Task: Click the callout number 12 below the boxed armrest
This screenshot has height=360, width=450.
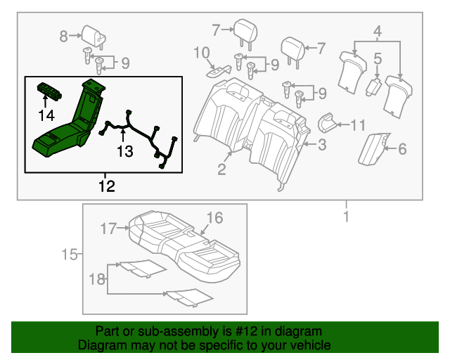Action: (105, 186)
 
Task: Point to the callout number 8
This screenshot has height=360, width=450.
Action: (64, 35)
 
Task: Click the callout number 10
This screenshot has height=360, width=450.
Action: (201, 52)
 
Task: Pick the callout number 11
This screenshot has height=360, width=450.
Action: (358, 126)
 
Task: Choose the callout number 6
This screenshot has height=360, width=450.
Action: (402, 148)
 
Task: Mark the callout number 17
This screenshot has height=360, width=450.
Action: (108, 228)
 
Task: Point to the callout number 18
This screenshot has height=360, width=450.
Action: (96, 280)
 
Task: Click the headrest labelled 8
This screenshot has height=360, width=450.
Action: (92, 32)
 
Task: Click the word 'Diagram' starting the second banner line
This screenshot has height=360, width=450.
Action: (100, 345)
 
